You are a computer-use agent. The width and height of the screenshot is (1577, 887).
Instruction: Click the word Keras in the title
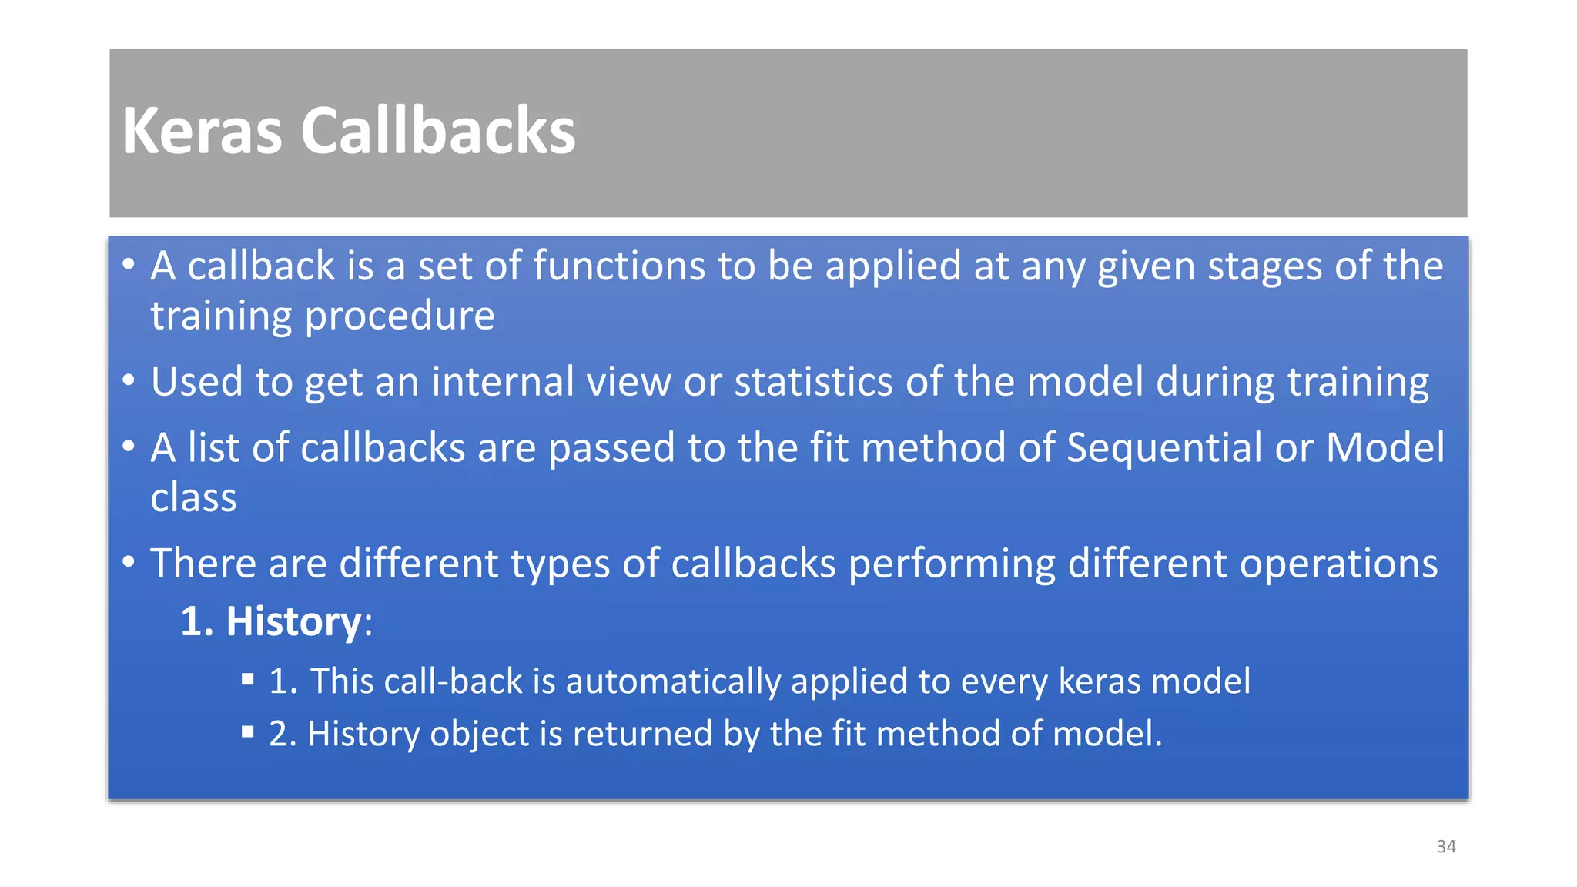pyautogui.click(x=202, y=131)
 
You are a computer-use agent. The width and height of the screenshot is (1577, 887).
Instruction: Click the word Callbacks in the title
pyautogui.click(x=437, y=131)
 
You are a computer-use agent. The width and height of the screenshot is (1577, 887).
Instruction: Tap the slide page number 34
pyautogui.click(x=1446, y=846)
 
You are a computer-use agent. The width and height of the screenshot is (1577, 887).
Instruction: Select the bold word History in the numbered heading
pyautogui.click(x=293, y=621)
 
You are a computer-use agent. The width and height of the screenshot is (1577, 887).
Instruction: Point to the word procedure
pyautogui.click(x=400, y=316)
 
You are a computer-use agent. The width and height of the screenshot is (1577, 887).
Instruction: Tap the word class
pyautogui.click(x=193, y=497)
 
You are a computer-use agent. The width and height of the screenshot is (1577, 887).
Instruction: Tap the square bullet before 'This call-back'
pyautogui.click(x=247, y=679)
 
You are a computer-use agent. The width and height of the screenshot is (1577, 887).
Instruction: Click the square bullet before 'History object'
pyautogui.click(x=247, y=731)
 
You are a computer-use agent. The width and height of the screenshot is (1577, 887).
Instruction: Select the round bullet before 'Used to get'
pyautogui.click(x=129, y=380)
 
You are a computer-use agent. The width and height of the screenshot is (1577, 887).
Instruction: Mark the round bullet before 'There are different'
pyautogui.click(x=129, y=561)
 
